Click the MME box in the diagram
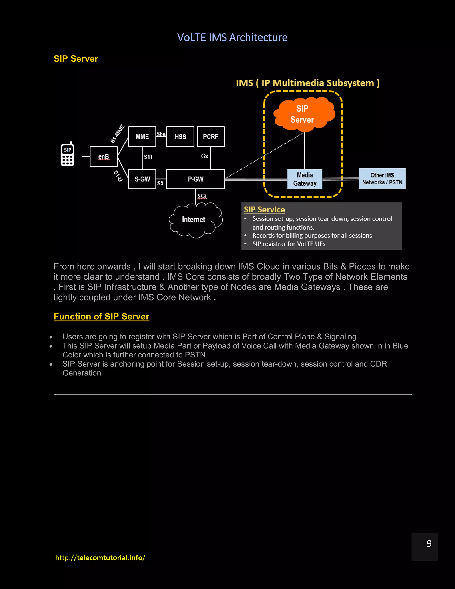pos(142,137)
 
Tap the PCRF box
pos(211,137)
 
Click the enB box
pos(104,157)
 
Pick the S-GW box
pos(142,179)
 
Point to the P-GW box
pos(196,179)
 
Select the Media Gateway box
pos(305,179)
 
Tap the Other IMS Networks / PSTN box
pos(382,178)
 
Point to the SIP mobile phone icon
pos(67,154)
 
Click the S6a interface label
pos(161,134)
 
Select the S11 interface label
pos(148,157)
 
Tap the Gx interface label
pos(205,156)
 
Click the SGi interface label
pos(202,196)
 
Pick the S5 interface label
pos(160,183)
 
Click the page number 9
pos(429,543)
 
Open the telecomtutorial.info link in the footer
pos(100,557)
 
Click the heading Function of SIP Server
pos(101,316)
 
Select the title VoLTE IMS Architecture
pos(232,38)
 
